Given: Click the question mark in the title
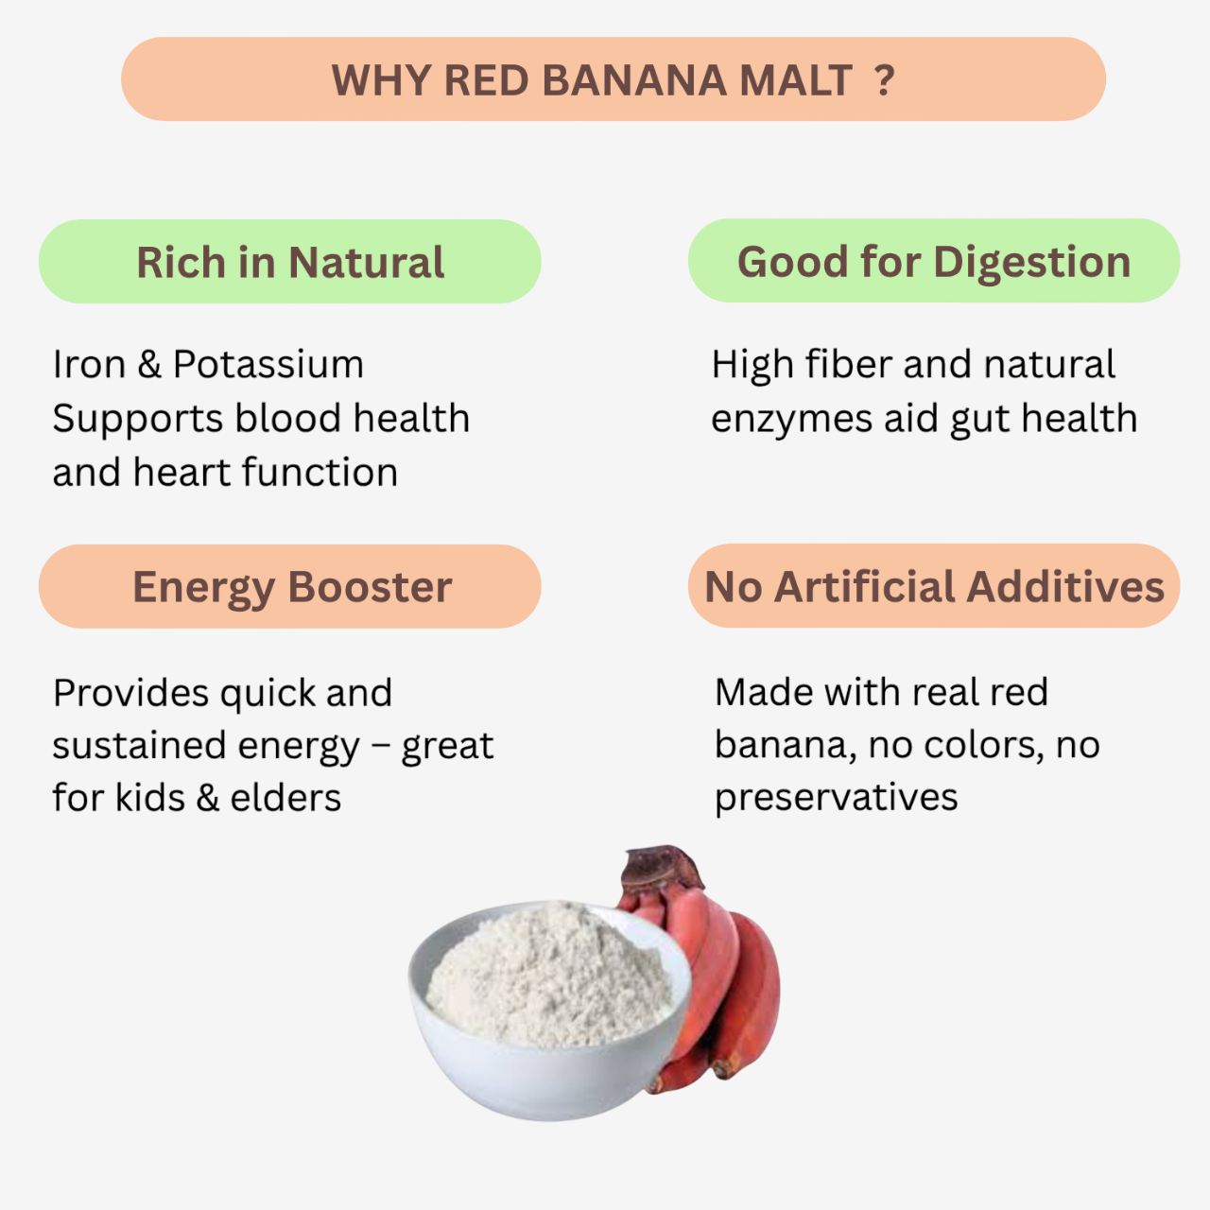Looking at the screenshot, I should coord(884,80).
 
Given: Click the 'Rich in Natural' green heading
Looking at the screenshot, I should coord(289,262).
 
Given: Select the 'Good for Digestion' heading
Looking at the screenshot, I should coord(933,261).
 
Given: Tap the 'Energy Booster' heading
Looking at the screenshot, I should coord(291,587).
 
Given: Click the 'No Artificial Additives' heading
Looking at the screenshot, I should coord(934,587).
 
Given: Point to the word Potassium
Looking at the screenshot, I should coord(268,365).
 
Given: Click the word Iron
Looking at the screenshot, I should coord(89,365).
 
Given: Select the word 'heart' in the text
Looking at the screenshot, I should coord(182,473).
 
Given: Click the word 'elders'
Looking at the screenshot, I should coord(285,799).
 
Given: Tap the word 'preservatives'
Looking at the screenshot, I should coord(836,799).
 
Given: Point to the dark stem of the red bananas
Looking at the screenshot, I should coord(662,865).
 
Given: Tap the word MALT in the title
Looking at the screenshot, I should coord(795,80).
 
